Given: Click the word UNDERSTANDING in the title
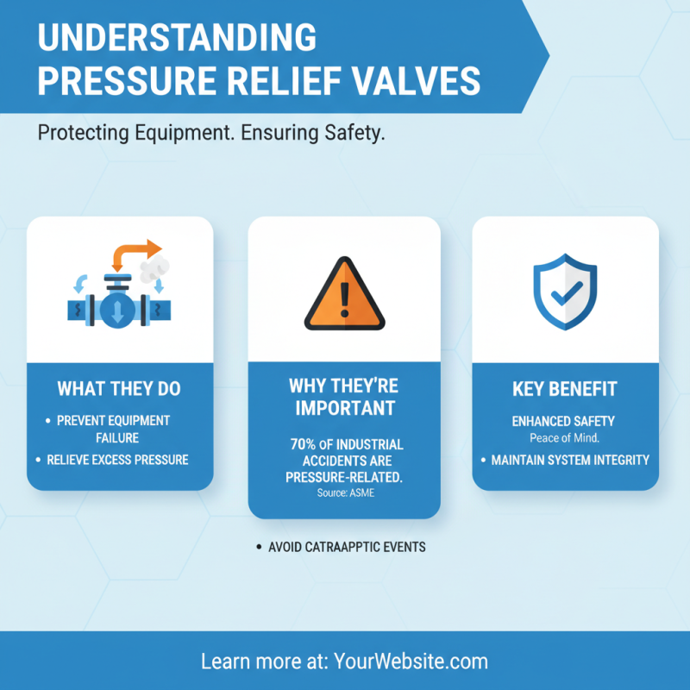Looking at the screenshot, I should tap(177, 38).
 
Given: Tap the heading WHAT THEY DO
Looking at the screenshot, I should tap(119, 389).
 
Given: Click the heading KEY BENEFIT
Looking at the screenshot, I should tap(565, 389).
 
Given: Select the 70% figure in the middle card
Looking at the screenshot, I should tap(304, 445).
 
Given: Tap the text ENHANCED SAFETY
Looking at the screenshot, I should tap(563, 421).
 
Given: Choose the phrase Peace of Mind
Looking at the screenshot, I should tap(565, 438).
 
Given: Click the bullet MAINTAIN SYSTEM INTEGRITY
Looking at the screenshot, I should tap(570, 460).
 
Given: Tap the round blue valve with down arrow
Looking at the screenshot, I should tap(117, 311).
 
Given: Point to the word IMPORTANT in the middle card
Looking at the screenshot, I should tap(344, 408).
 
